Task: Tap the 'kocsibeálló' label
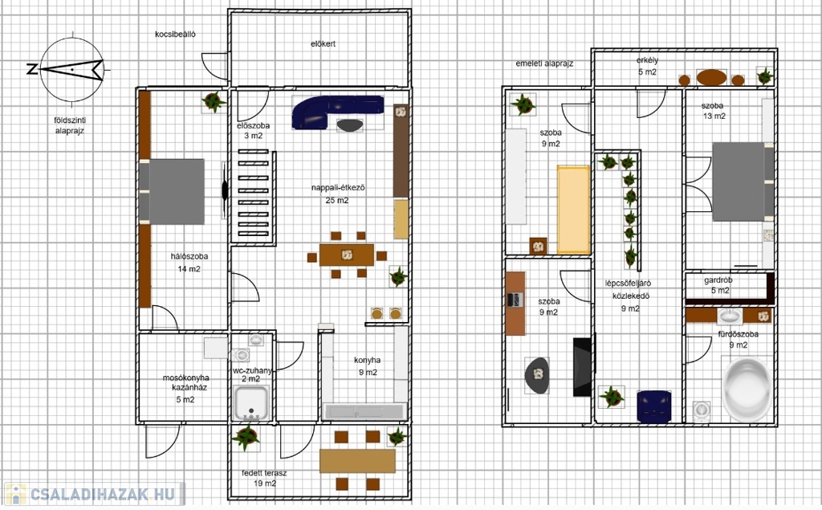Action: coord(175,34)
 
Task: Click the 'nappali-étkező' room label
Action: coord(338,187)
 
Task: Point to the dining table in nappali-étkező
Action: coord(347,255)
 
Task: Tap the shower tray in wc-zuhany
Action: coord(251,402)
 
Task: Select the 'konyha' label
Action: coord(367,361)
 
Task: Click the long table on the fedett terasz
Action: coord(357,461)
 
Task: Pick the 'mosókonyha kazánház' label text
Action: coord(186,382)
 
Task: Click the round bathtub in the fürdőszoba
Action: coord(747,389)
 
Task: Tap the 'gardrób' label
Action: coord(718,280)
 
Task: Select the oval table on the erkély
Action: coord(711,78)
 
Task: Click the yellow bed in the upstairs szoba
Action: coord(573,210)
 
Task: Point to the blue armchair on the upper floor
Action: coord(654,406)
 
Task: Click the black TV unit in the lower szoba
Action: coord(582,367)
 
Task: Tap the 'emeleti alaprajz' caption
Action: coord(544,63)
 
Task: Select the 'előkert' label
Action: coord(323,43)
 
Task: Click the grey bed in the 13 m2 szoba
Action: coord(743,182)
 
